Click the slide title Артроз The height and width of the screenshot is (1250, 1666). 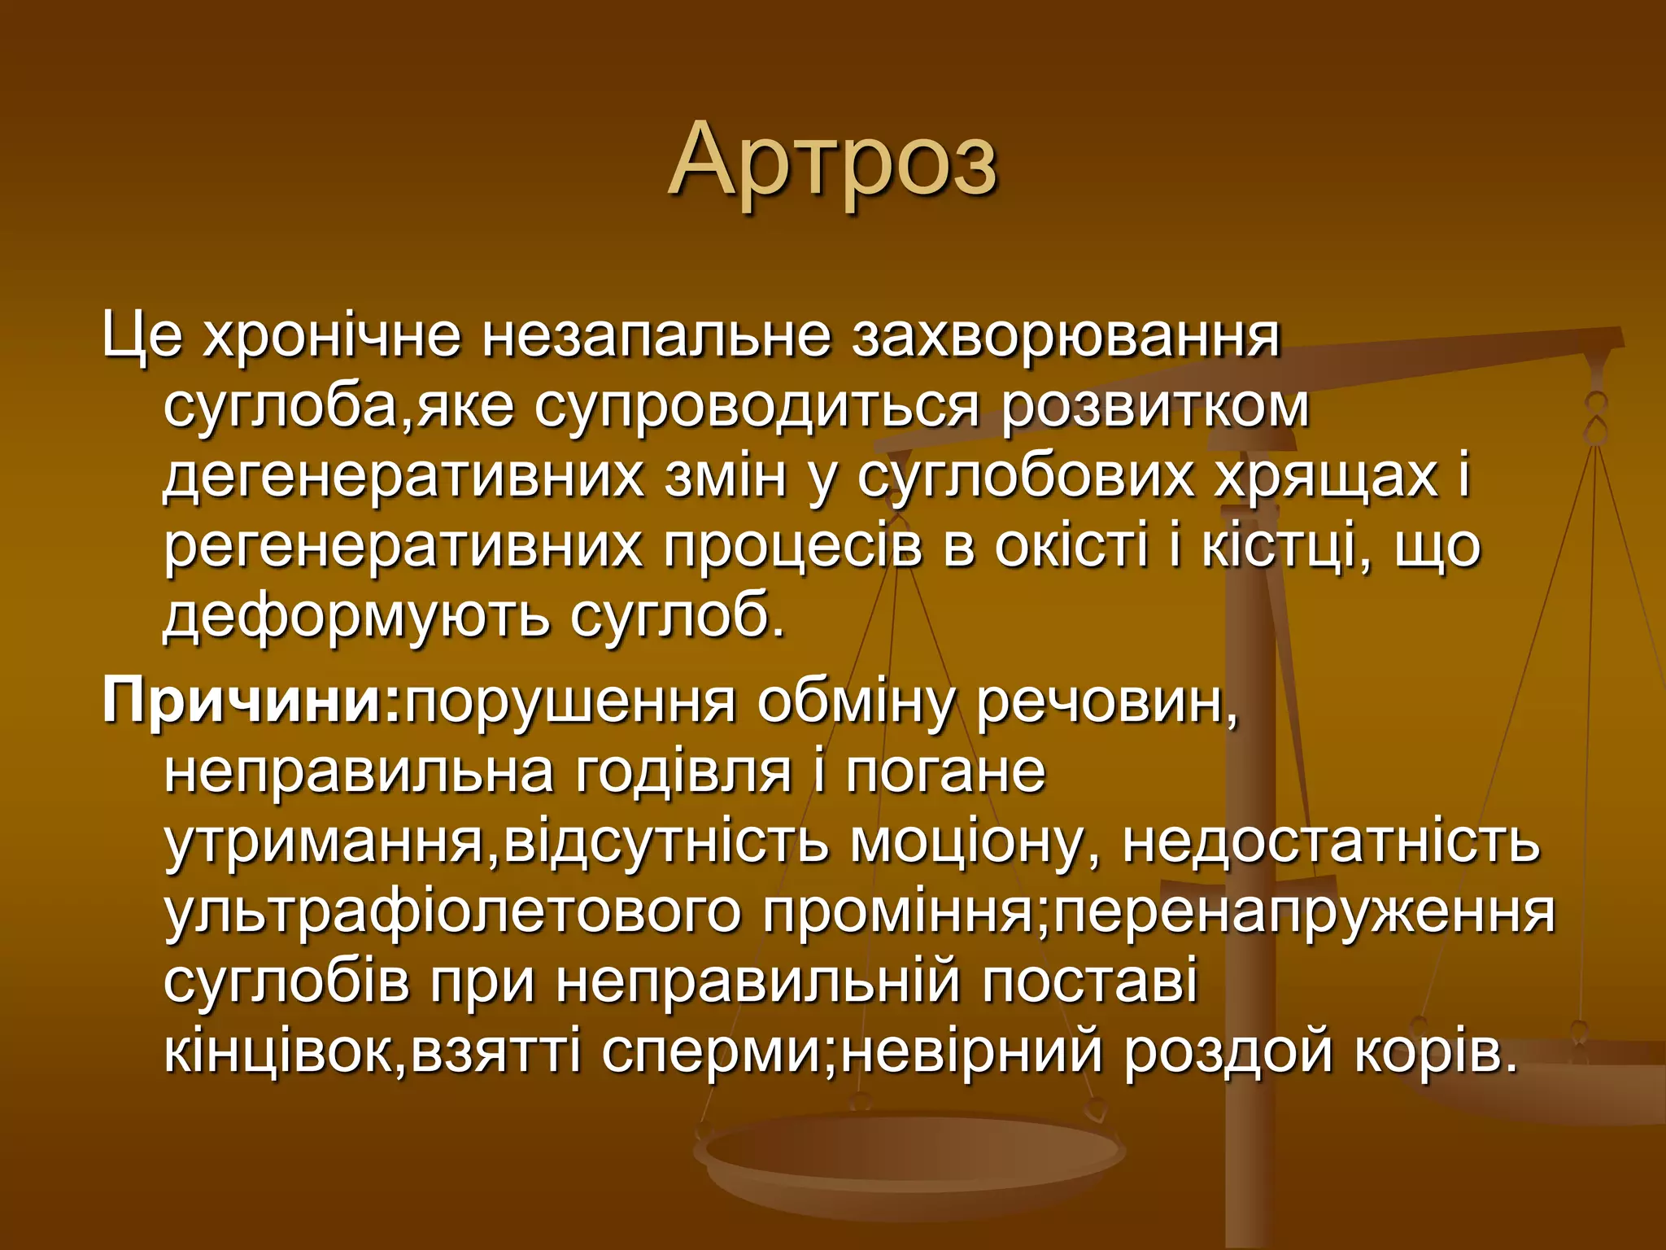[x=832, y=160]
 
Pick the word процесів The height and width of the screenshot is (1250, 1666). [x=792, y=547]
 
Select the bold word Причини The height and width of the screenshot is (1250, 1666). [x=252, y=701]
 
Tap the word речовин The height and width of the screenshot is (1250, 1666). [x=1106, y=701]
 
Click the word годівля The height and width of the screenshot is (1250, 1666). [x=683, y=771]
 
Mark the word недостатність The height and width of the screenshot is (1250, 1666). [x=1331, y=841]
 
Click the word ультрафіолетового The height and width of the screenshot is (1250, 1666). [x=452, y=911]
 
